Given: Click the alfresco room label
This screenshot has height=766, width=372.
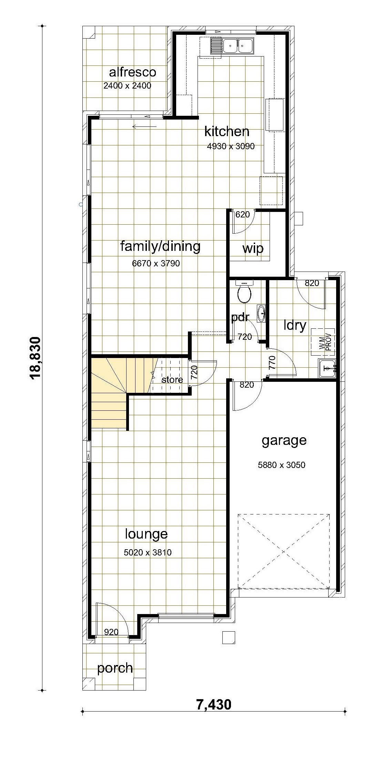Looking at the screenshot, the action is pos(132,72).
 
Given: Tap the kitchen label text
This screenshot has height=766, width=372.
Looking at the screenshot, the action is pos(227,131).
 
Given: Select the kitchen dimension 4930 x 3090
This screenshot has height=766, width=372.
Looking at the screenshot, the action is pos(231,146).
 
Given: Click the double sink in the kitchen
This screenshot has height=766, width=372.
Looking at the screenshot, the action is pos(238,45).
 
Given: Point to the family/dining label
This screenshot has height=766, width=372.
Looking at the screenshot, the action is pos(160,247).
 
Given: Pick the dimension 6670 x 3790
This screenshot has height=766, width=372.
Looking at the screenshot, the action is pos(156,264).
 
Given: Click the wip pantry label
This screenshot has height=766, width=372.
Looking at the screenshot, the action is pos(253,248).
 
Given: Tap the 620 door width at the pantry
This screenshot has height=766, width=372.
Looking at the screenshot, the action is pos(242,215).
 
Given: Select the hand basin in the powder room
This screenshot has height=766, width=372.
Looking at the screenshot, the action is pos(261,314).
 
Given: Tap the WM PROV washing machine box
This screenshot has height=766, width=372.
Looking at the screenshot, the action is pos(323,342).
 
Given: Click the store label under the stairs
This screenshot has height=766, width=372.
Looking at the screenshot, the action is pos(172,380).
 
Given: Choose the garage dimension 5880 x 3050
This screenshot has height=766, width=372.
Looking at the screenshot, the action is pos(282,465).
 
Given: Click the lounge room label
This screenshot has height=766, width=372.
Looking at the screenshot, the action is pos(146,534).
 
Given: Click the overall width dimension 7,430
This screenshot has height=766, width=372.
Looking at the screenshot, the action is pos(214,704).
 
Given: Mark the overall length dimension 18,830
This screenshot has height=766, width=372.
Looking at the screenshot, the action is pos(36,358).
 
